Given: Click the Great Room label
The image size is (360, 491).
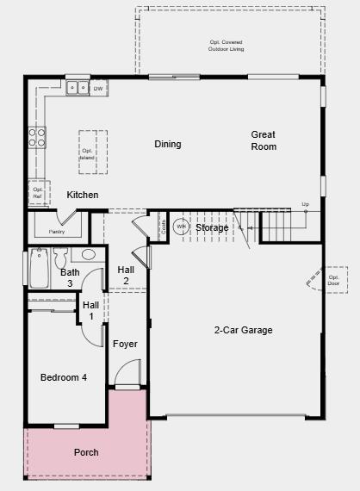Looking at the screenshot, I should click(x=264, y=140).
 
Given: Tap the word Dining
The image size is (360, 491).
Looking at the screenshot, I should click(x=168, y=144).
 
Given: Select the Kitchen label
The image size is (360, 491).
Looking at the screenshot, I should click(x=83, y=195).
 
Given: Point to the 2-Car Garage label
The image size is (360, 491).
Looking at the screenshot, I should click(x=244, y=330).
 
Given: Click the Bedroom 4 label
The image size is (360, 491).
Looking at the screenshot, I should click(x=64, y=377).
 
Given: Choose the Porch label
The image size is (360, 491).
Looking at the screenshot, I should click(x=86, y=452).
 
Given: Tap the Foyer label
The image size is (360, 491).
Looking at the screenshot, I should click(x=125, y=344).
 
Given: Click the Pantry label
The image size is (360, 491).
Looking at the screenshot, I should click(x=57, y=231).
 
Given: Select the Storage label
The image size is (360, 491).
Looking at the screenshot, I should click(x=212, y=227).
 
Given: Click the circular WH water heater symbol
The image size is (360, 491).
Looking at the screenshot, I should click(x=181, y=227).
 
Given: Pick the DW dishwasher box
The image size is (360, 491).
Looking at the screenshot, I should click(x=98, y=88).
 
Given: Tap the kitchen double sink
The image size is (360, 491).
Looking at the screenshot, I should click(x=77, y=87).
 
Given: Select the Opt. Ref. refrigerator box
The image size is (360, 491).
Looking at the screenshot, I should click(x=37, y=192).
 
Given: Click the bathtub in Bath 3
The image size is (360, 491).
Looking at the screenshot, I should click(x=39, y=269).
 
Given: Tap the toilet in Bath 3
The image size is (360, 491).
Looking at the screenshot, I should click(x=59, y=258).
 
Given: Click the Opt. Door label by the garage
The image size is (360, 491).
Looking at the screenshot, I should click(x=333, y=280).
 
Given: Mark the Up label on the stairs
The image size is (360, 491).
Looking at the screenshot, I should click(x=305, y=204).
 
